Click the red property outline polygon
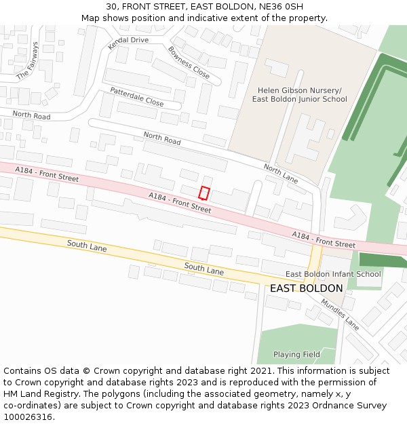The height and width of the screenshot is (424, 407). click(x=204, y=193)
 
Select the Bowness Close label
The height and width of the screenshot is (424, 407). click(x=189, y=62)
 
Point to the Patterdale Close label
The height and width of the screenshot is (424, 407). click(x=136, y=96)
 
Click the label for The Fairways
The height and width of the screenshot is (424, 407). click(x=28, y=60)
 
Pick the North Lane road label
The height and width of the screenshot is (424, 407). click(x=281, y=174)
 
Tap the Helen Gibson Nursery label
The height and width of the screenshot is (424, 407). click(x=300, y=90)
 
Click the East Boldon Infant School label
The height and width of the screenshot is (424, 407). click(x=333, y=274)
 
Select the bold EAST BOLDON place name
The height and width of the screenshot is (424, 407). click(x=306, y=288)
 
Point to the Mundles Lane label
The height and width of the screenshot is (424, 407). click(x=340, y=314)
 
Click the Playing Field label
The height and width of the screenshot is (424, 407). click(x=296, y=354)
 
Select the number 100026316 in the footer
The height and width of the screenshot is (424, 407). click(x=27, y=417)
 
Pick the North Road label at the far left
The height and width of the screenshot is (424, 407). click(x=31, y=116)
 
